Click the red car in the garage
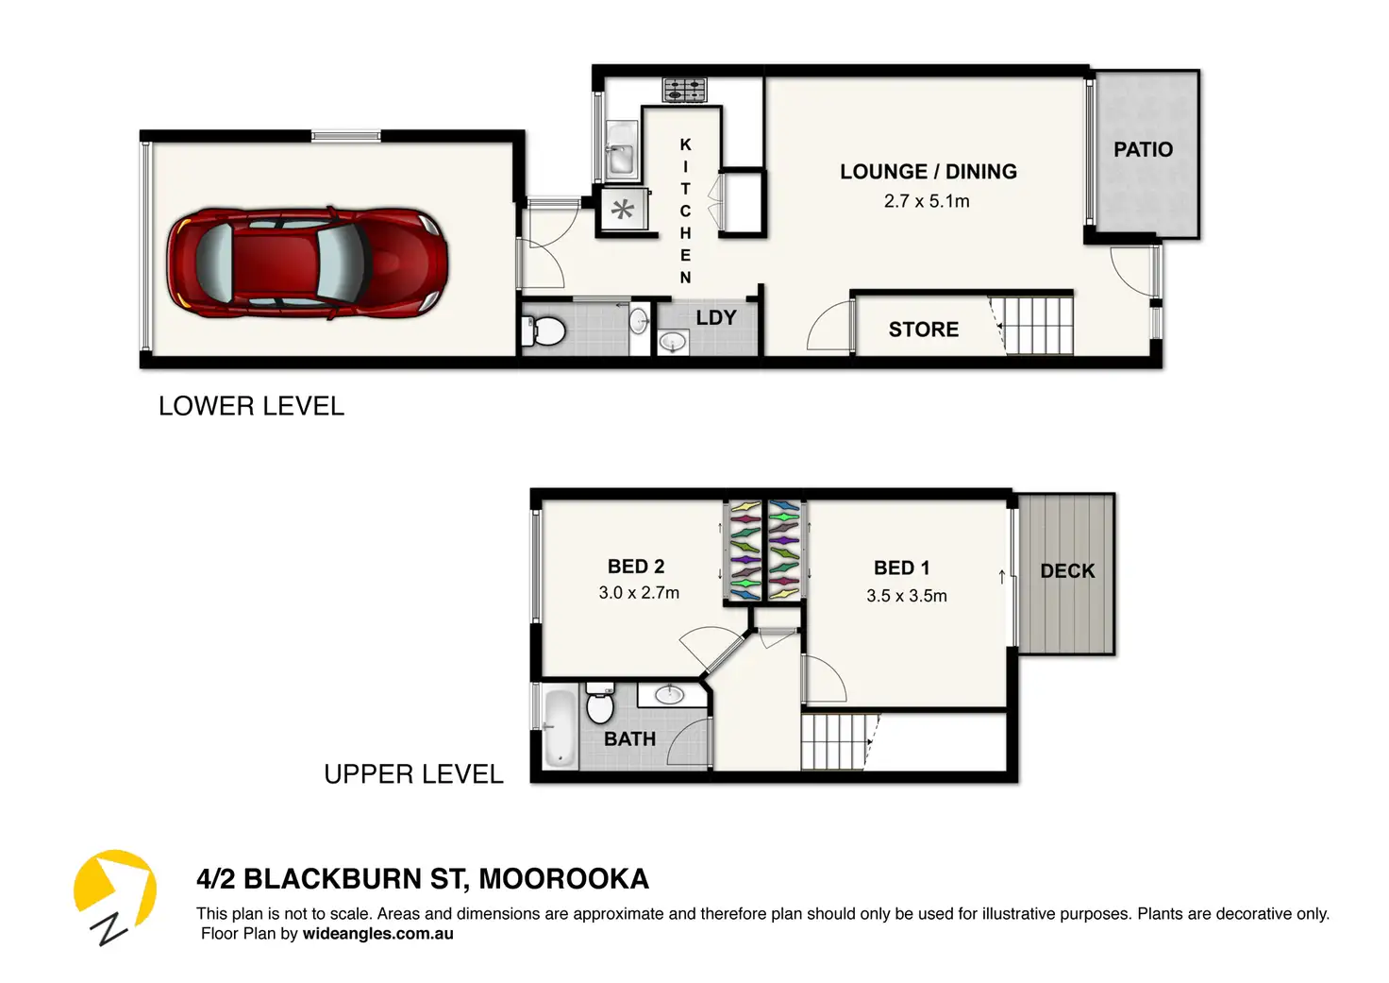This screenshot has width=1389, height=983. coord(308,263)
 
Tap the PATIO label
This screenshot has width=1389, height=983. coord(1143,149)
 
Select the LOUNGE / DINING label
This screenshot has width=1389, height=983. coord(929,171)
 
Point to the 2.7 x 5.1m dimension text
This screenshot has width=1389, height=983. coord(927,201)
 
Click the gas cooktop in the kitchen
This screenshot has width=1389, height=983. coord(684,90)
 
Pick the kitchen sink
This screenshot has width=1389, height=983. coord(620,148)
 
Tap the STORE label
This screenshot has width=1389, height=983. coord(923,329)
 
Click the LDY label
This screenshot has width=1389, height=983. coord(715,317)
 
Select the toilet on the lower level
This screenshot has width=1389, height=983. coord(544,330)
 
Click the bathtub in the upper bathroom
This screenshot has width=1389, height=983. coord(560,729)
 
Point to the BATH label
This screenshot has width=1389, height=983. coord(629,738)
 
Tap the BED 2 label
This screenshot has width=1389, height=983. coord(636,566)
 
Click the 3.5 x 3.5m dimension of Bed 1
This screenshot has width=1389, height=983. coord(907,596)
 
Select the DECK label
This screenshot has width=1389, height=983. coord(1067,570)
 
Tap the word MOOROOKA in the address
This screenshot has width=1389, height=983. coord(563,879)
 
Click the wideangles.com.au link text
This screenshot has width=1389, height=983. coord(377,933)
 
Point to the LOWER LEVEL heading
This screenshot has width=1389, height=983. coord(251,406)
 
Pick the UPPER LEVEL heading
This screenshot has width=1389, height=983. coord(413,774)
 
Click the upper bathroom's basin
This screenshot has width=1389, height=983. coord(669,694)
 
